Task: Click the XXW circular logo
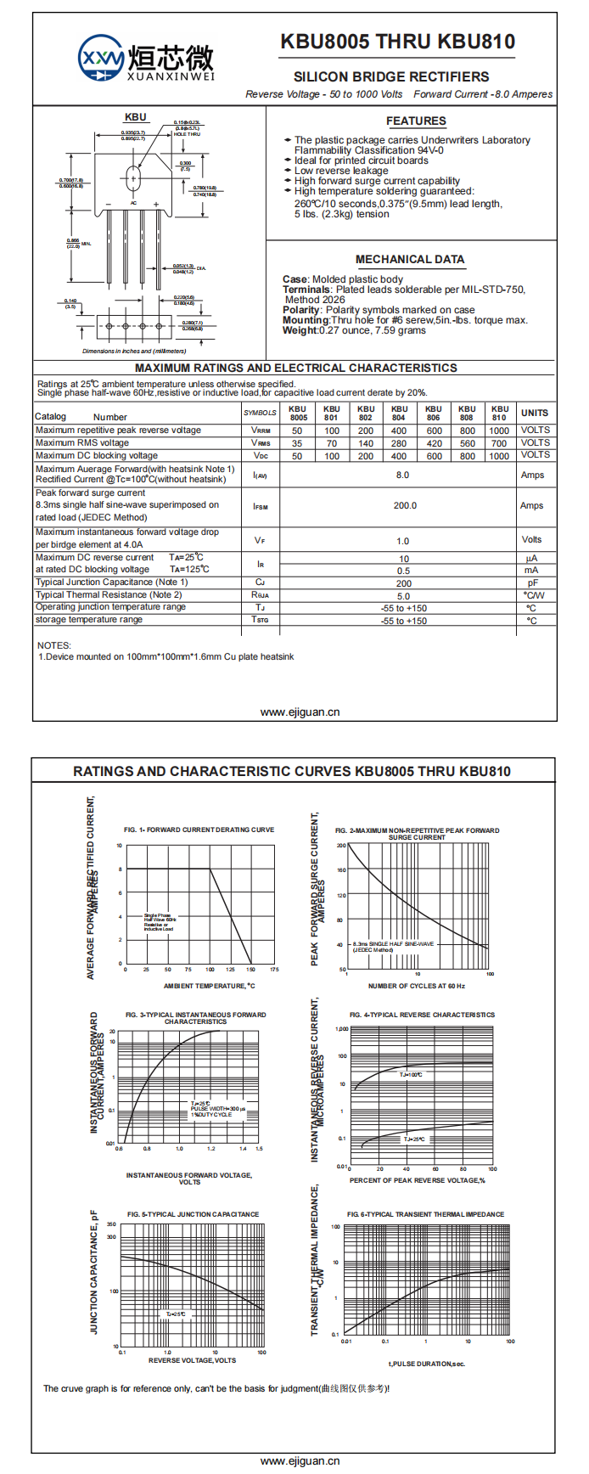point(101,58)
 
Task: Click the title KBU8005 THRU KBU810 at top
point(397,42)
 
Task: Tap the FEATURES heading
point(416,121)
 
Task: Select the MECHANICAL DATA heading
point(410,260)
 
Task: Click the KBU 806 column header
point(433,413)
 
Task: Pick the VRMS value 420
point(434,443)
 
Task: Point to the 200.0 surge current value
point(405,505)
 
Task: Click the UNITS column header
point(535,413)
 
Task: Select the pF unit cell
point(532,583)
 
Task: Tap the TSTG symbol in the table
point(260,621)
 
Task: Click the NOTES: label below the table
point(54,645)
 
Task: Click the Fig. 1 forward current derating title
point(199,830)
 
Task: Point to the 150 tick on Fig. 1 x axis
point(250,969)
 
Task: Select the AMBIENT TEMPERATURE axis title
point(209,986)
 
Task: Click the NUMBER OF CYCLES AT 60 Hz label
point(416,986)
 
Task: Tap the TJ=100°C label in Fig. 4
point(411,1075)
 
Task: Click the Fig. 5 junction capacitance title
point(194,1214)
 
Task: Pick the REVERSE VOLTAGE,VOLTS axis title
point(193,1360)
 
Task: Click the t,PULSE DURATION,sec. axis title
point(427,1364)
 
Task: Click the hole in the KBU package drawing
point(132,178)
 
